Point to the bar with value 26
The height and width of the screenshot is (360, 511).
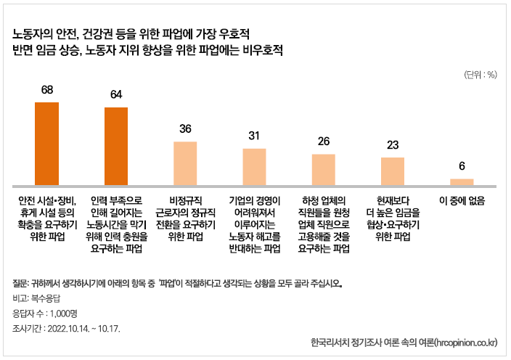coord(324,170)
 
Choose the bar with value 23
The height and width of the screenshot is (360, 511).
coord(393,171)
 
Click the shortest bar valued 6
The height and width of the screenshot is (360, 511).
coord(462,181)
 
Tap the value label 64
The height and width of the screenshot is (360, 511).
coord(116,95)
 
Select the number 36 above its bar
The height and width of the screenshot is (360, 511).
coord(185,128)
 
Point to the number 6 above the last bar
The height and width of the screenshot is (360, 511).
coord(462,165)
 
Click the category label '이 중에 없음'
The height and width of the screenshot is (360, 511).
coord(462,200)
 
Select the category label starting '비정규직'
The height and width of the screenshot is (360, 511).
coord(185,218)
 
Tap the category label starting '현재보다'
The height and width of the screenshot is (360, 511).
coord(393,218)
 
